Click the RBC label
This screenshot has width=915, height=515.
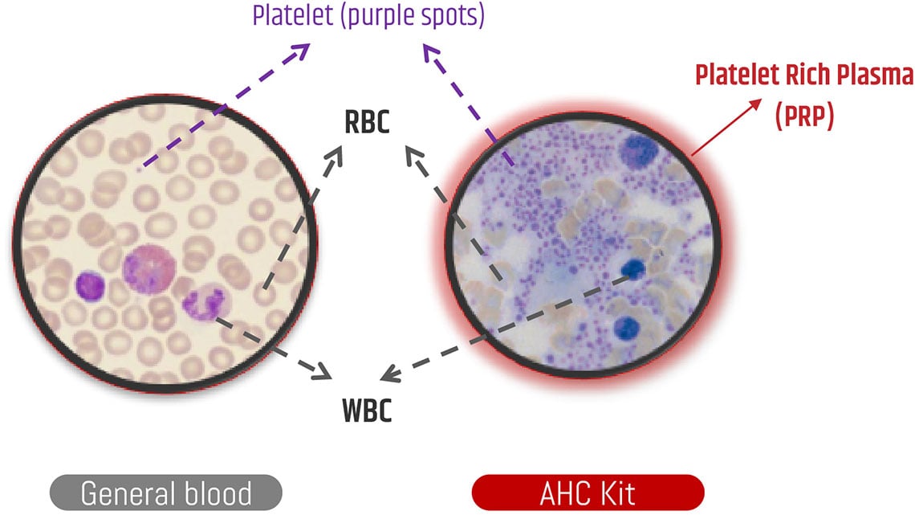click(x=367, y=124)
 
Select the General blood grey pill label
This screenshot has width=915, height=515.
click(x=166, y=492)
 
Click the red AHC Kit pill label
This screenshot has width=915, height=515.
click(x=588, y=492)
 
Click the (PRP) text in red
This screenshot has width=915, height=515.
click(x=804, y=117)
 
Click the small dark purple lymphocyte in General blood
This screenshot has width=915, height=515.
click(x=90, y=287)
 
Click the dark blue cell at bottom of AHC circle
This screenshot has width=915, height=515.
click(x=629, y=328)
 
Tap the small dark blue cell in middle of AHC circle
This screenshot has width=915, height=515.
click(x=633, y=268)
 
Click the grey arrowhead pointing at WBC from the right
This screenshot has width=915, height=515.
click(x=388, y=374)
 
